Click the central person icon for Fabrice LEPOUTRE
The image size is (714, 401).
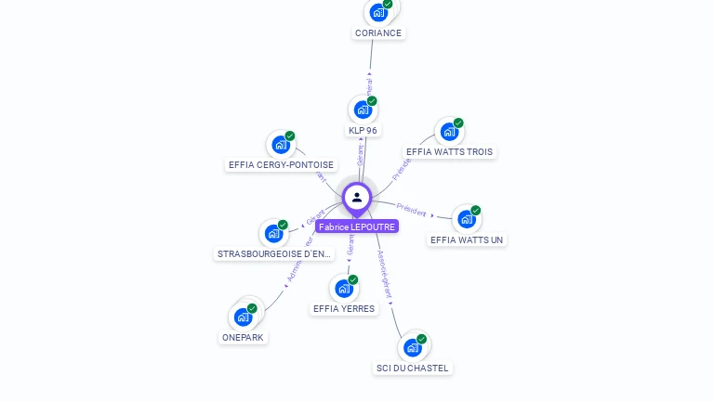coord(357,198)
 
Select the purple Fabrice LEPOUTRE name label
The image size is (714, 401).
coord(357,226)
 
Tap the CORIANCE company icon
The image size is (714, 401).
coord(377,12)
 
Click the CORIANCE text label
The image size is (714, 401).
coord(378,33)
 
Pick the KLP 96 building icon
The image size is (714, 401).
coord(363,110)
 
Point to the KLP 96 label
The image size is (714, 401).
coord(363,131)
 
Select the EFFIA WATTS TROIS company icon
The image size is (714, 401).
coord(449,132)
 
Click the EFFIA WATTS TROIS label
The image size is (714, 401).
coord(450,152)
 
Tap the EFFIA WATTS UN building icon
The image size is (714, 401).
coord(466,219)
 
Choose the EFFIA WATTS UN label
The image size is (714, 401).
coord(467,240)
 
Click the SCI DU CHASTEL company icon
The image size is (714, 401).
coord(412,348)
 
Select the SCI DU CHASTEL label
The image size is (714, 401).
coord(412,369)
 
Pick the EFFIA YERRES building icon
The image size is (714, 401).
coord(344,288)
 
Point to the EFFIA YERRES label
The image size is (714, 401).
coord(344,309)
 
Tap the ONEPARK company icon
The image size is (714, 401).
coord(244,317)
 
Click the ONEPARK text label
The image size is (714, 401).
coord(244,338)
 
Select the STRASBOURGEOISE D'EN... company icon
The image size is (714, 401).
coord(273,233)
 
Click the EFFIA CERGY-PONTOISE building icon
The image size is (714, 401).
coord(280,145)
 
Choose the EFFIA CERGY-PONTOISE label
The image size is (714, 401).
coord(281,165)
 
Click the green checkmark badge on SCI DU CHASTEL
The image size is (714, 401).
coord(421,340)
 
